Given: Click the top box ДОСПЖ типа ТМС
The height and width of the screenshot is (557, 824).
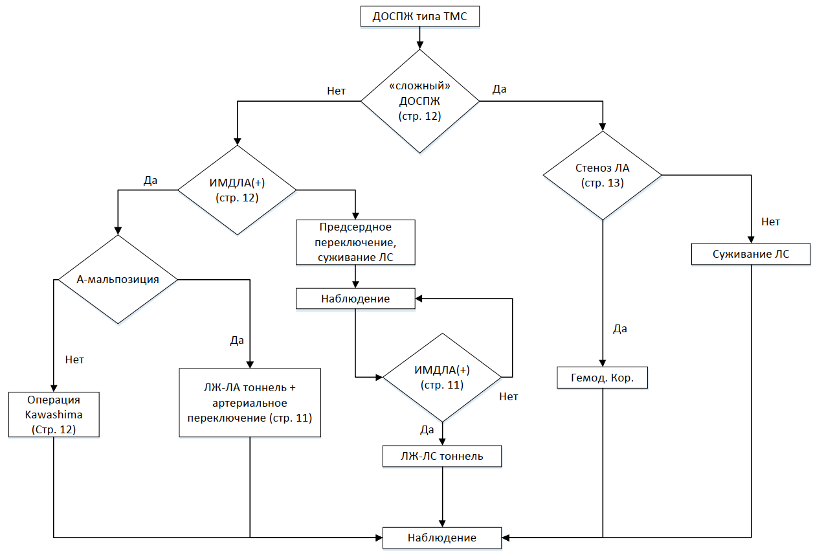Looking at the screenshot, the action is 419,17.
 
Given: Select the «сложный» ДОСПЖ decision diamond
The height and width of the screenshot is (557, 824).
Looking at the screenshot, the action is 419,101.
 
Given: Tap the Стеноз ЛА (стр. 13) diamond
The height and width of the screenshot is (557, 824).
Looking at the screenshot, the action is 602,176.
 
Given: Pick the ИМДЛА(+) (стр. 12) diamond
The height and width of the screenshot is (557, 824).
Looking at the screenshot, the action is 238,190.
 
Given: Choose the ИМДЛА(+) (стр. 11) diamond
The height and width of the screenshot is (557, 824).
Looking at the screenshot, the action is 442,378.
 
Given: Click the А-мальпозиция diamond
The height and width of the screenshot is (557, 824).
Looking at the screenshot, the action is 118,279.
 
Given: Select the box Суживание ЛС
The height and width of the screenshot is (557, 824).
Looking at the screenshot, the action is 751,254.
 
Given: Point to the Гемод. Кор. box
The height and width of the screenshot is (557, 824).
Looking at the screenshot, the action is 602,378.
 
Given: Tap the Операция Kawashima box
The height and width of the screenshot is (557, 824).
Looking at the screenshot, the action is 54,415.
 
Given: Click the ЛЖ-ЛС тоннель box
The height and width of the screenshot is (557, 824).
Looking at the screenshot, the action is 442,456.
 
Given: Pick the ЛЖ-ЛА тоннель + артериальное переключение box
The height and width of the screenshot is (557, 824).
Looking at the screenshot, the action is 250,403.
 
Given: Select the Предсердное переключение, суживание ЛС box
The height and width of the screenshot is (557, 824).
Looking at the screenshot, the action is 355,242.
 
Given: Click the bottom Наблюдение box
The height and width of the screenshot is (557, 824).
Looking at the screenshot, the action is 442,538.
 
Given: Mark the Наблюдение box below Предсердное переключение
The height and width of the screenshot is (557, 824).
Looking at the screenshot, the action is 355,299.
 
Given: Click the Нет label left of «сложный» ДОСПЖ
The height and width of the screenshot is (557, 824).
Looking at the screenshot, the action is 336,91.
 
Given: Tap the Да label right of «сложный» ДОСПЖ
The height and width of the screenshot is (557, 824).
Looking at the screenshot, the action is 500,89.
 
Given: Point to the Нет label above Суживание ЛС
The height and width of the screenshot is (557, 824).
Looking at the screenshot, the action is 771,222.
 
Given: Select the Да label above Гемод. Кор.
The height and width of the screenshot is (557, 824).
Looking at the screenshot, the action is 620,329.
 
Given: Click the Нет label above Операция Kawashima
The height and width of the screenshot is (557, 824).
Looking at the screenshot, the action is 74,359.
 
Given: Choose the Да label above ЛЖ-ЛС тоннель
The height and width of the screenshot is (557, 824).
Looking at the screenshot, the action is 427,429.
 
